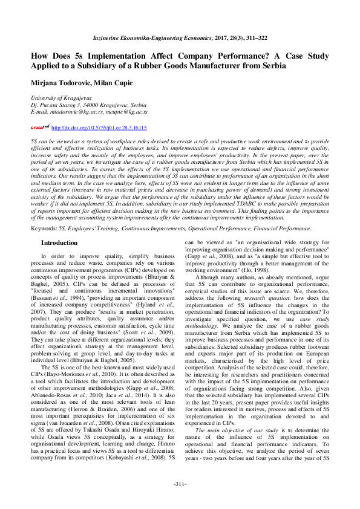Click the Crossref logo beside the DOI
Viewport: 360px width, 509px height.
40,128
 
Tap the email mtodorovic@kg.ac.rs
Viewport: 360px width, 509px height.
76,112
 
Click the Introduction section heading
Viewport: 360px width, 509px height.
59,242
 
